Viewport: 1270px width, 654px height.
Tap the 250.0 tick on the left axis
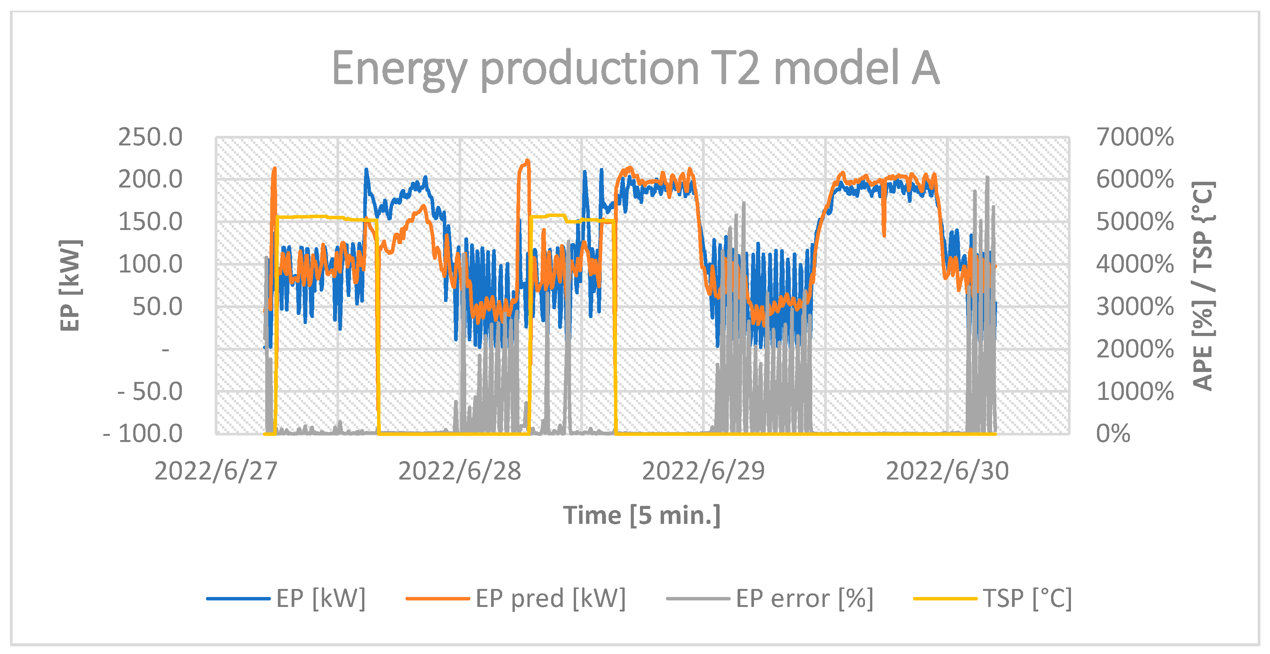(x=150, y=137)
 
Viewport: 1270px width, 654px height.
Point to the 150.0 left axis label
(x=150, y=222)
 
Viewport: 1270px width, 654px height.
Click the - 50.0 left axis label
(x=150, y=392)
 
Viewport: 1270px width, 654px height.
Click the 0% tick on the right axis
(x=1113, y=434)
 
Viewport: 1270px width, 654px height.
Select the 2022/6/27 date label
(x=216, y=471)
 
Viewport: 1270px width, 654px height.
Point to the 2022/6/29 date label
(x=703, y=471)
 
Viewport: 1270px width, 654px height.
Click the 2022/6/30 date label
(x=947, y=471)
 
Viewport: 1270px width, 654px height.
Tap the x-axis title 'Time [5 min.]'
(x=642, y=515)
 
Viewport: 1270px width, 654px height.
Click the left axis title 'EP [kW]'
(x=70, y=286)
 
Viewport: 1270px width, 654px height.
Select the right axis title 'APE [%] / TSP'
(x=1203, y=286)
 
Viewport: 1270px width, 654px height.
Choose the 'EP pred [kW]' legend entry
(x=550, y=599)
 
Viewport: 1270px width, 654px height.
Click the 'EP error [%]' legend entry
(x=804, y=599)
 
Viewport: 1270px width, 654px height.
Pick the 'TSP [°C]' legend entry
(x=1027, y=599)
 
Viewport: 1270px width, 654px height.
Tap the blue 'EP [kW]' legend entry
(x=320, y=599)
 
